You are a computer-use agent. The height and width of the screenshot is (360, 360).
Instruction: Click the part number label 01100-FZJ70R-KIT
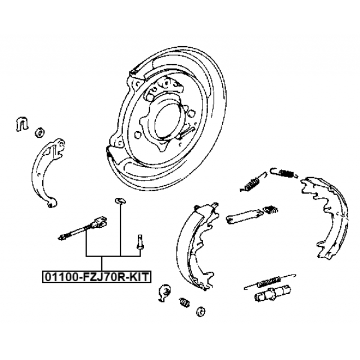[x=97, y=277]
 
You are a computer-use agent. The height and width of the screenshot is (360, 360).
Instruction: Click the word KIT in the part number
[x=139, y=277]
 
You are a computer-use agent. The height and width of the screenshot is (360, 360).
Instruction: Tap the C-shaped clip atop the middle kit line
[x=120, y=201]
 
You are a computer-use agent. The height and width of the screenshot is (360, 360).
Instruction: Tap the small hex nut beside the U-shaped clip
[x=39, y=133]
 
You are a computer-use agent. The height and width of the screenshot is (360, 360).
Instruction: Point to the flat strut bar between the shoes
[x=244, y=217]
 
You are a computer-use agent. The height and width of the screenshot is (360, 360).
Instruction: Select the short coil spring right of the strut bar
[x=271, y=210]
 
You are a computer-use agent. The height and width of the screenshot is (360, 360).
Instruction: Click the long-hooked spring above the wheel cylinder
[x=269, y=281]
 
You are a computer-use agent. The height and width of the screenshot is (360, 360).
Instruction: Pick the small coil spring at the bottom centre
[x=184, y=303]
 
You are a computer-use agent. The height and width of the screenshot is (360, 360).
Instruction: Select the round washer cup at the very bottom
[x=201, y=312]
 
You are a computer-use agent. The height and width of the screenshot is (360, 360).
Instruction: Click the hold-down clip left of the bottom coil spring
[x=165, y=292]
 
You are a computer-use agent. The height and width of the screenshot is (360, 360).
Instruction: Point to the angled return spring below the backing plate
[x=253, y=182]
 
